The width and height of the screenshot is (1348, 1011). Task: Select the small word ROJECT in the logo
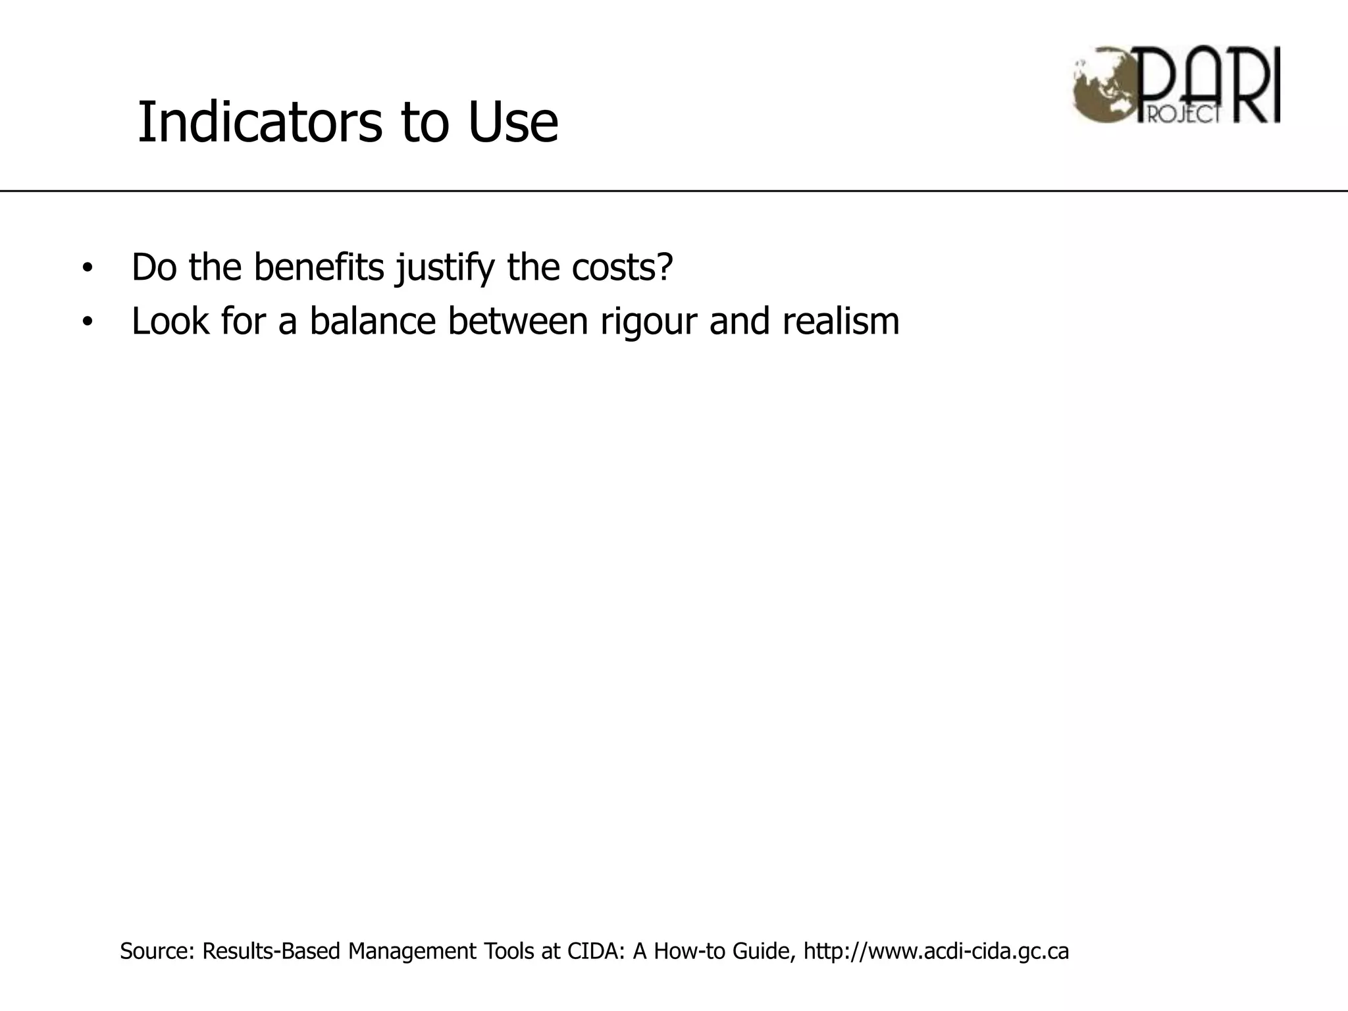coord(1185,115)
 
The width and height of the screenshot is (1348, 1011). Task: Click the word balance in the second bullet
coord(373,321)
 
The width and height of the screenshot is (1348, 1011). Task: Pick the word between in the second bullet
coord(517,321)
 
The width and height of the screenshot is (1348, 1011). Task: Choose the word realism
coord(841,321)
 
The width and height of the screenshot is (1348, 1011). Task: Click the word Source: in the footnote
coord(157,951)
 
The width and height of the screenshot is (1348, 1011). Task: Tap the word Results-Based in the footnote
coord(271,951)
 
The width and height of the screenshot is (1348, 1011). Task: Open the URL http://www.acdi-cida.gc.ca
coord(936,952)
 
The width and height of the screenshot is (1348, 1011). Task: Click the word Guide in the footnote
coord(766,951)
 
